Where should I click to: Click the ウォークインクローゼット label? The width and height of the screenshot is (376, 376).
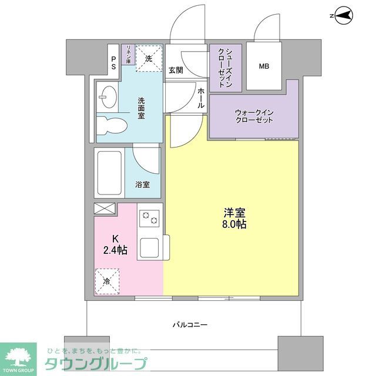click(x=254, y=115)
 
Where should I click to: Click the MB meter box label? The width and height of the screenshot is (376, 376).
click(x=264, y=66)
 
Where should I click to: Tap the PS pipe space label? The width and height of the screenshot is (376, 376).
click(x=113, y=63)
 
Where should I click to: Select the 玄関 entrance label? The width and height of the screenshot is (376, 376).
click(x=176, y=70)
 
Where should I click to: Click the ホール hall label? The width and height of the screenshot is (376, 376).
click(x=201, y=98)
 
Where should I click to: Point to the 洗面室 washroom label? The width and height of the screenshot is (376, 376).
click(x=142, y=108)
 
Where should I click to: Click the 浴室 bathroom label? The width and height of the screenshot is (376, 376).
click(x=142, y=184)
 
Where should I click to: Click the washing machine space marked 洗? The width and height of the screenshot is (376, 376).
click(x=149, y=59)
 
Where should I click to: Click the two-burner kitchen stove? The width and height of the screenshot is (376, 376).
click(x=149, y=218)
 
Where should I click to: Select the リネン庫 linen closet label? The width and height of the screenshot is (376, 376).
click(x=127, y=54)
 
